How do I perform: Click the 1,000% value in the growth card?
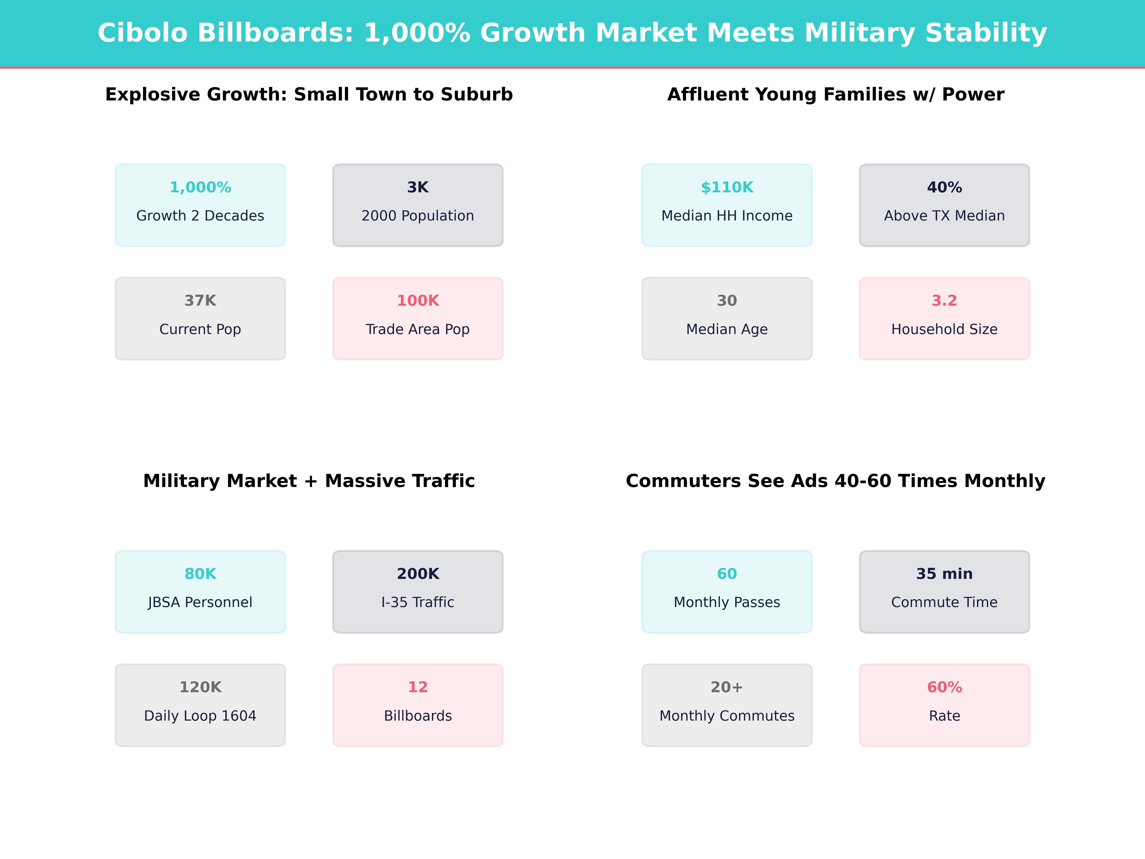[200, 188]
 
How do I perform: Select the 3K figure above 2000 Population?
[418, 188]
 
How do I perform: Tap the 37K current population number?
[200, 301]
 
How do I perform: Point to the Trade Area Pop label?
[418, 329]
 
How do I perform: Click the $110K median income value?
[727, 188]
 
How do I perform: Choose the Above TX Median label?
[944, 216]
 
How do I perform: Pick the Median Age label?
[727, 329]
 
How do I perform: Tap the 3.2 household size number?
[944, 301]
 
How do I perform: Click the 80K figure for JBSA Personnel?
[200, 574]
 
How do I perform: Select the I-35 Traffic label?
[418, 602]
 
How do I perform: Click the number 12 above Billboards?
[418, 687]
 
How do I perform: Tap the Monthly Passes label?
[727, 602]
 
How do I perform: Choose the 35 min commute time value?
[944, 574]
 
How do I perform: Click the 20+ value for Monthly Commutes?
[727, 687]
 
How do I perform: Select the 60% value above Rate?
[944, 687]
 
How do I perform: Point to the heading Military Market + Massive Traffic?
[309, 481]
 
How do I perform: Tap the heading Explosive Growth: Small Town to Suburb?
[309, 95]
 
